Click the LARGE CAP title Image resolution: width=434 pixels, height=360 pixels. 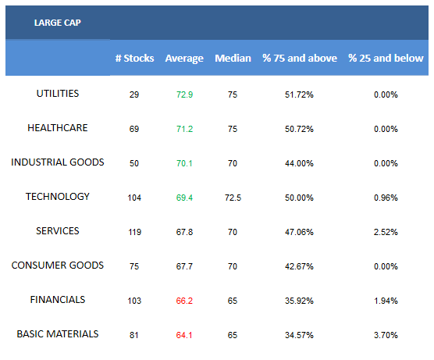pos(58,23)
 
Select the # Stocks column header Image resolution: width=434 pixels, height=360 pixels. pos(134,58)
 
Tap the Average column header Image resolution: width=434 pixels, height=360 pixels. pos(184,59)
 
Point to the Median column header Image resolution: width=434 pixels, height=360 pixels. pos(233,58)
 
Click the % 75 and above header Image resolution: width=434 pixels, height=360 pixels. pos(300,58)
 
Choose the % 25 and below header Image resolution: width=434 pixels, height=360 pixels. pos(386,58)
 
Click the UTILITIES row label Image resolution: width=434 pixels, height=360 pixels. pos(58,94)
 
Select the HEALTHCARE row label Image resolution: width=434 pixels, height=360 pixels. pos(58,128)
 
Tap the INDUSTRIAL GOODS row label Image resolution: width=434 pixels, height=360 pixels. pos(58,162)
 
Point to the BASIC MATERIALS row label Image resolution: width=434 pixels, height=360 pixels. pos(58,334)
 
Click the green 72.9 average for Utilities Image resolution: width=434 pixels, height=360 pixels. pos(185,94)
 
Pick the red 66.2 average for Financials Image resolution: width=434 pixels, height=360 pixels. pos(184,301)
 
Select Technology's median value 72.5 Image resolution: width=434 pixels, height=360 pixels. pos(233,198)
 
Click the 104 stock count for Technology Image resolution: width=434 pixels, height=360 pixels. pos(134,198)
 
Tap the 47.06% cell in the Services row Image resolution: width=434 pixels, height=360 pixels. pos(299,232)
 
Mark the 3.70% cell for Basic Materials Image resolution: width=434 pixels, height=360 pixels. pos(386,335)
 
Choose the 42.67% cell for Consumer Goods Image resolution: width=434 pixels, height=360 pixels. pos(299,266)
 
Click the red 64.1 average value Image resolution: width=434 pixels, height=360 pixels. pos(184,335)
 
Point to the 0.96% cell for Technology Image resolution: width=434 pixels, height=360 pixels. pos(386,198)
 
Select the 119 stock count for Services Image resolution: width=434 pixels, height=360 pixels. pos(135,232)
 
